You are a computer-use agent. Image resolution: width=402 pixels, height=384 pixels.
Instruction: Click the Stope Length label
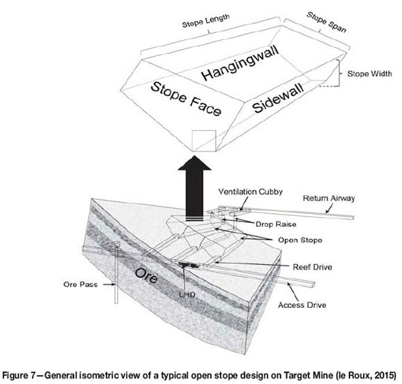206,21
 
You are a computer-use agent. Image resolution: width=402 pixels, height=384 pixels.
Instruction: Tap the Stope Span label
326,22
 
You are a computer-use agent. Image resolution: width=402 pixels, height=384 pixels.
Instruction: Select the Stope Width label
369,74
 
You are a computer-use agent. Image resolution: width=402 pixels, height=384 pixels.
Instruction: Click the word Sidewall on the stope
278,98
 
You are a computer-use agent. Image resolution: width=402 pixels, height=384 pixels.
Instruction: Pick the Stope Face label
186,99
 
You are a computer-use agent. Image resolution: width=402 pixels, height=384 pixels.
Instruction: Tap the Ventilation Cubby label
250,192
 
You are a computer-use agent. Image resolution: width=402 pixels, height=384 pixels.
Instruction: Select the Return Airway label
329,198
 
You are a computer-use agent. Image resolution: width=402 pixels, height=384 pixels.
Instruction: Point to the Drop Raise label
276,224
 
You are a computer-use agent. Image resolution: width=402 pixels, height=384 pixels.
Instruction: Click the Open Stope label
300,240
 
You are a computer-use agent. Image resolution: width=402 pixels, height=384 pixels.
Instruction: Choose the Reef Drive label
313,267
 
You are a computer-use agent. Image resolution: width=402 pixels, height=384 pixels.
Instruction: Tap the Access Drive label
302,305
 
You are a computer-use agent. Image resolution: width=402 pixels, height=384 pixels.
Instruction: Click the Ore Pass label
80,284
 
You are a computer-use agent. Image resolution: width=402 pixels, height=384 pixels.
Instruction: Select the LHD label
187,295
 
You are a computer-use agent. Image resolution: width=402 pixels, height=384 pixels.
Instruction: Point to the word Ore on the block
146,275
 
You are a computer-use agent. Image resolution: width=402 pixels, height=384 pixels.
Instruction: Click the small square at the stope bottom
204,140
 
